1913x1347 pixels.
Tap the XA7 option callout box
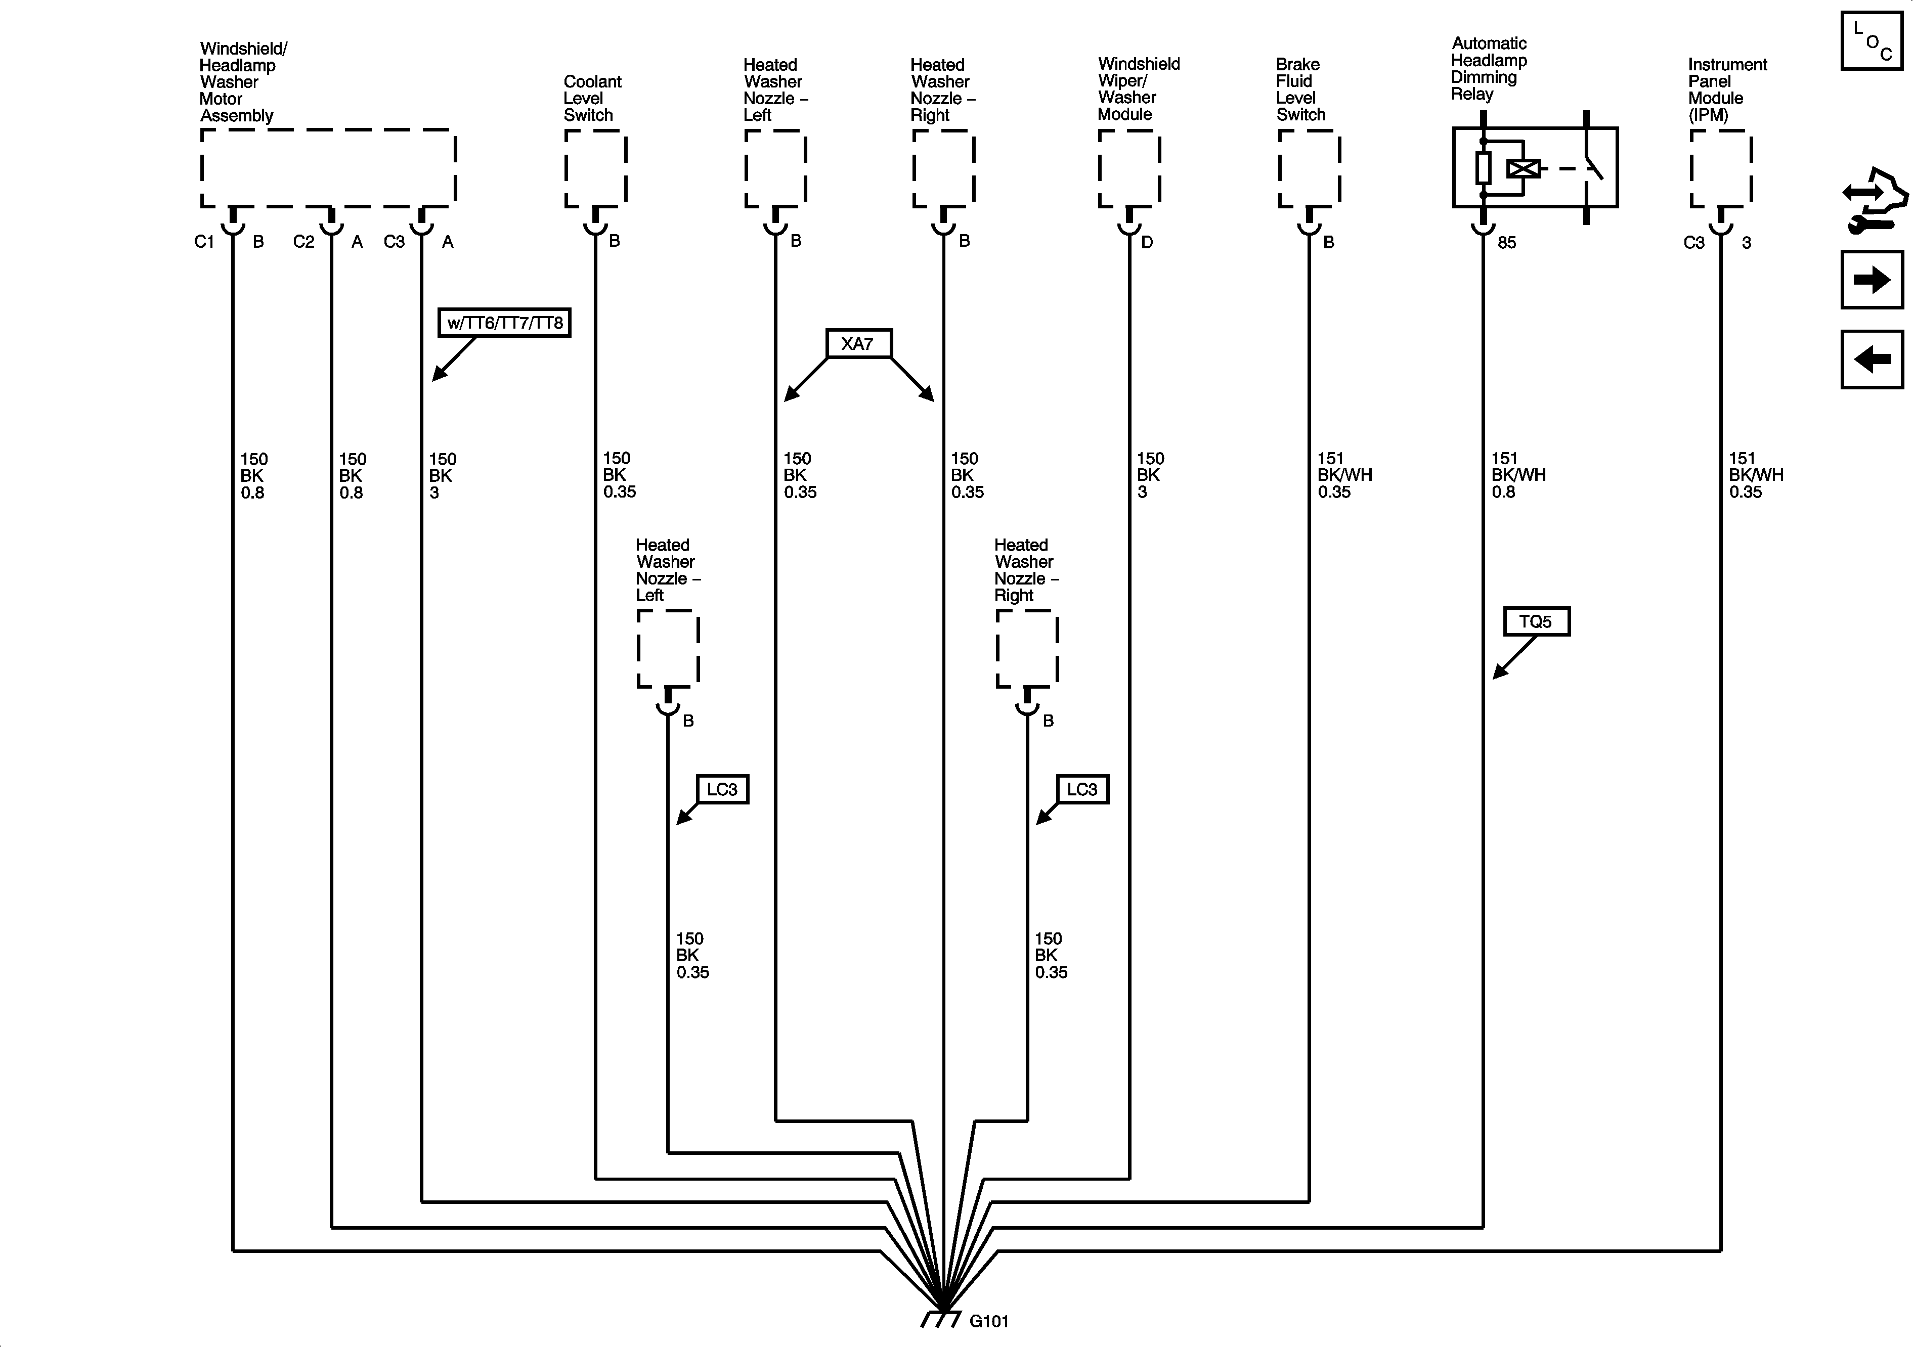tap(858, 343)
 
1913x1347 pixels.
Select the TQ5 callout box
tap(1536, 621)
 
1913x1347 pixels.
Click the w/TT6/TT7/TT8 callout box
tap(505, 323)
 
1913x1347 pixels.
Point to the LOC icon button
tap(1872, 41)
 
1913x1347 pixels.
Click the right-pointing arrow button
tap(1872, 280)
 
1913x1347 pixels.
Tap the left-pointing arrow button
tap(1872, 360)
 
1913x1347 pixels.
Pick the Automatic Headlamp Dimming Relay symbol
tap(1535, 167)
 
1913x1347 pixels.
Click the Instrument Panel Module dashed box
tap(1720, 168)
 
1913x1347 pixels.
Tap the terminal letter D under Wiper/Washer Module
tap(1147, 242)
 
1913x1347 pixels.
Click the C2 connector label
tap(303, 242)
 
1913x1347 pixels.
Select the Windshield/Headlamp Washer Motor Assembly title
tap(242, 81)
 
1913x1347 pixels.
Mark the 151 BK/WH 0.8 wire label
tap(1518, 475)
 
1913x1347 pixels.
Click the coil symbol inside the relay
tap(1523, 168)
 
